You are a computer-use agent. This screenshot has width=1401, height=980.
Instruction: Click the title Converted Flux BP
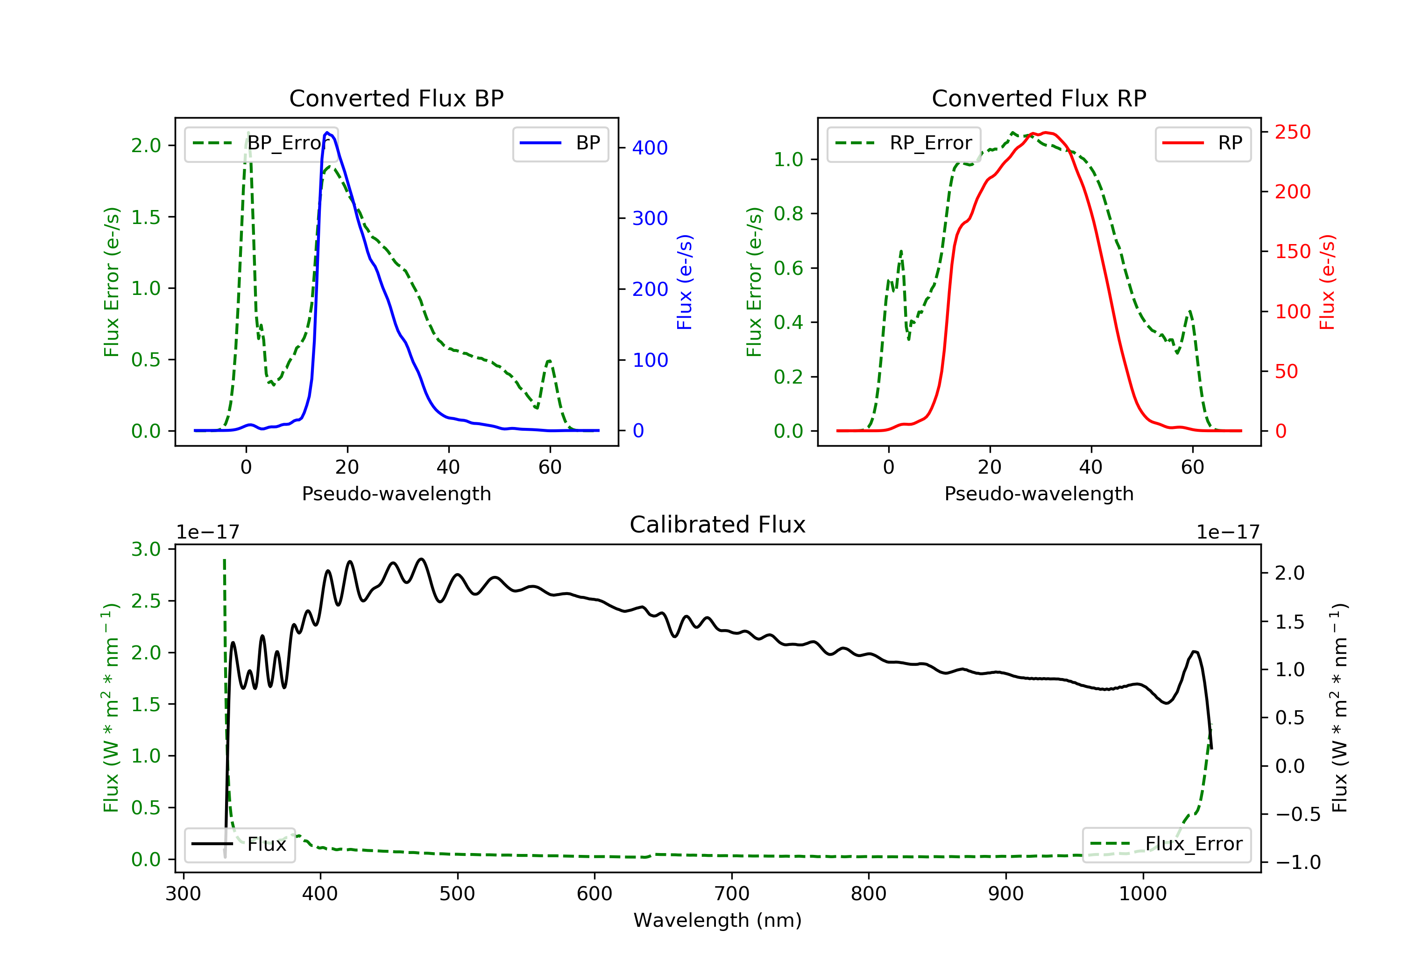click(x=396, y=98)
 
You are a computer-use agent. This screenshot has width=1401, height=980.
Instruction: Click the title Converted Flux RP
click(x=1039, y=98)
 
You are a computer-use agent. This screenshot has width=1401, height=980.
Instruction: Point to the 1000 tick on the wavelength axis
click(x=1142, y=894)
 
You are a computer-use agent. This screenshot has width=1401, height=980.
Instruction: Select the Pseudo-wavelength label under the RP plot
click(x=1039, y=493)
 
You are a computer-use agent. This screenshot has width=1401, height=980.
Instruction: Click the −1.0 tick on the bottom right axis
click(x=1297, y=862)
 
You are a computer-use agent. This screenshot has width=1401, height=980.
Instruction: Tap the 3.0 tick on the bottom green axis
click(x=146, y=549)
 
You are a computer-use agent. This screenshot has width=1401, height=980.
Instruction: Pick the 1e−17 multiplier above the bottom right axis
click(x=1228, y=532)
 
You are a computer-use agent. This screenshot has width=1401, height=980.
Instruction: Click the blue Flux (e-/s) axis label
click(x=685, y=282)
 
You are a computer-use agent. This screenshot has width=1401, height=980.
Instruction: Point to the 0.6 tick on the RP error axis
click(x=788, y=268)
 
